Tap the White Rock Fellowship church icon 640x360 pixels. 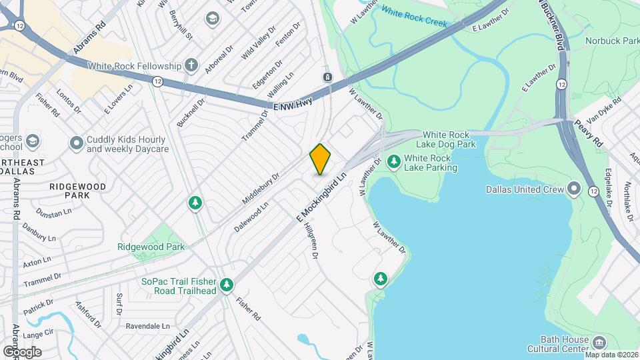click(x=191, y=65)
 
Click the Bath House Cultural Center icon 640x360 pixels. click(x=599, y=343)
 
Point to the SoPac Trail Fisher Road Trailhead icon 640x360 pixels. click(x=227, y=285)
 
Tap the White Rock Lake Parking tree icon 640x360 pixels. click(x=394, y=161)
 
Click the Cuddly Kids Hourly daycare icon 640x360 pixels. click(x=77, y=143)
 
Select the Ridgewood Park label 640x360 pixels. click(x=151, y=247)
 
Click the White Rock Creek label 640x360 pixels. click(x=413, y=17)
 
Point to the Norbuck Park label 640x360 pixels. click(x=612, y=41)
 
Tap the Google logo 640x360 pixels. click(x=22, y=351)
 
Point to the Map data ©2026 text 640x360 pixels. click(x=612, y=355)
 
